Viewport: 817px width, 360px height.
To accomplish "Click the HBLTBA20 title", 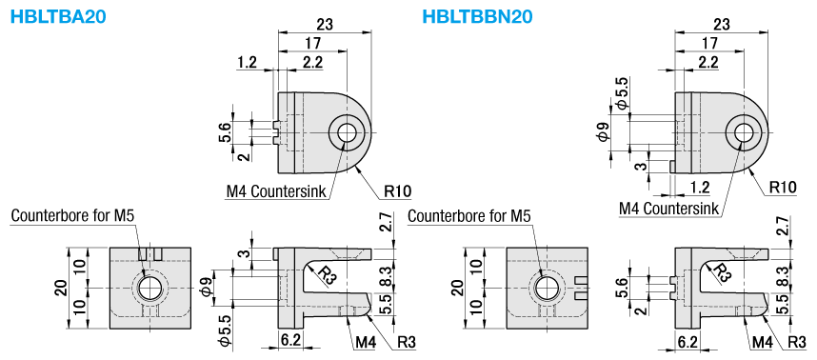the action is coord(58,17).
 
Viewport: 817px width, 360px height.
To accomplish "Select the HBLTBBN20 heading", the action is coord(477,17).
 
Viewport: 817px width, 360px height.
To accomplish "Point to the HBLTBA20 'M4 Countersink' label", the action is coord(275,191).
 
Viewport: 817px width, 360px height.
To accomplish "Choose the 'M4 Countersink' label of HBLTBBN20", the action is coord(669,209).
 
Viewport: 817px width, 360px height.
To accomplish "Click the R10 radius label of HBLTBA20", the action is coord(398,191).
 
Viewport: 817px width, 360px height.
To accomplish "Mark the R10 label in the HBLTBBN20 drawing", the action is coord(783,188).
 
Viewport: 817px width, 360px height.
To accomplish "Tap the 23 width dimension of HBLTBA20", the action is coord(325,24).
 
